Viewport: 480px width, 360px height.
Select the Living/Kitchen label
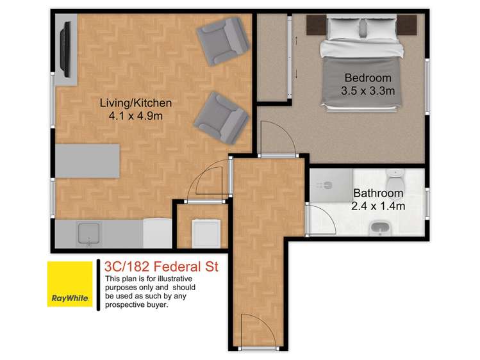pos(135,102)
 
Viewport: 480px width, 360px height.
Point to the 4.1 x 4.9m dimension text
pos(135,116)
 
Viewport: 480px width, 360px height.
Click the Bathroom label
pos(377,193)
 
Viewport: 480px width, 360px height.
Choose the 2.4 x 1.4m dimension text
pos(377,206)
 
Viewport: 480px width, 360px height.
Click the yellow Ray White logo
pos(69,283)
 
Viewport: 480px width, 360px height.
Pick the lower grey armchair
pos(221,117)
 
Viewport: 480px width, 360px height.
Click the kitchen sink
pos(88,234)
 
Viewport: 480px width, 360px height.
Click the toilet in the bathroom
pos(395,176)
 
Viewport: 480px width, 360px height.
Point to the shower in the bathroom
pos(331,184)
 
